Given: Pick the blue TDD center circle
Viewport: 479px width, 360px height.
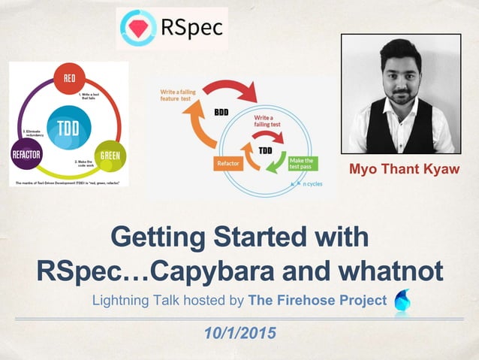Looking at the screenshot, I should pyautogui.click(x=69, y=127).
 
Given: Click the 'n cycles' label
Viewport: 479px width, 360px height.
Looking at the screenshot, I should pyautogui.click(x=313, y=183).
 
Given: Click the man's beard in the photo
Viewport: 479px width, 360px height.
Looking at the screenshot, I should pyautogui.click(x=400, y=95).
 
